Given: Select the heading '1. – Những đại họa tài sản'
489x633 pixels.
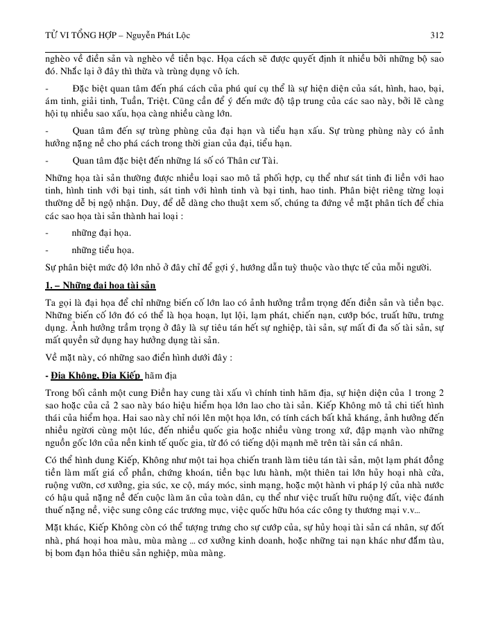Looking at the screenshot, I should coord(100,286).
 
